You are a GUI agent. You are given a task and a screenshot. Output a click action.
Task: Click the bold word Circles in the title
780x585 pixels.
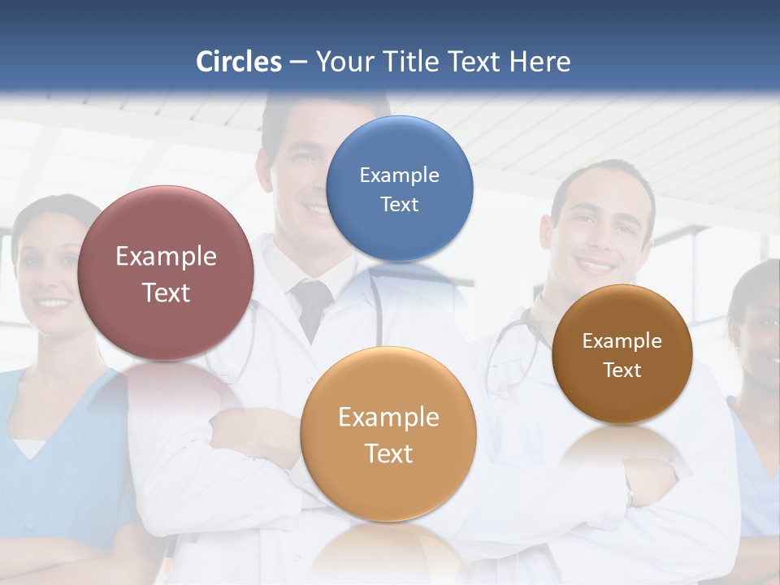tap(239, 62)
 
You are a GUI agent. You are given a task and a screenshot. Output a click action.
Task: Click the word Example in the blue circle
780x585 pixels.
tap(399, 175)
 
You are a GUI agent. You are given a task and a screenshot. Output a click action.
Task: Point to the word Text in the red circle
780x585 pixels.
tap(166, 293)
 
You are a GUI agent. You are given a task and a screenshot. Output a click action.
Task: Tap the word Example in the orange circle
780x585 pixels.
tap(388, 418)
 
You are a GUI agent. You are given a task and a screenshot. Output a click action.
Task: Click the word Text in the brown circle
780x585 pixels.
tap(622, 370)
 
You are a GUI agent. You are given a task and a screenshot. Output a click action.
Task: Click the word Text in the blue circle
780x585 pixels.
tap(399, 205)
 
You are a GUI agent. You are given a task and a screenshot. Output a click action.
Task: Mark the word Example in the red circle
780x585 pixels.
tap(166, 257)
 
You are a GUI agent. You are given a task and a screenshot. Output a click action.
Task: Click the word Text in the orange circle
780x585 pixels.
tap(388, 453)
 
